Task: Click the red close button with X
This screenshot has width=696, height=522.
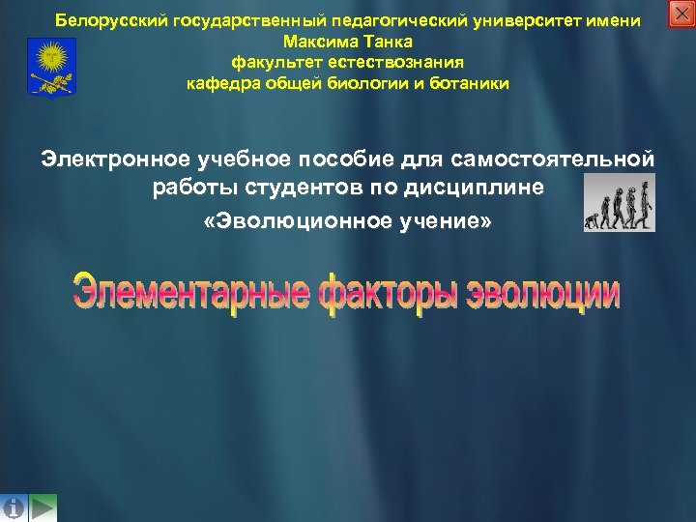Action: coord(681,14)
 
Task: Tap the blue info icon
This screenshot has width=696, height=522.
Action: coord(14,507)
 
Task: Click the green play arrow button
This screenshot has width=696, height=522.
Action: coord(43,507)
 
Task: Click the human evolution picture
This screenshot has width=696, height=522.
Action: coord(620,203)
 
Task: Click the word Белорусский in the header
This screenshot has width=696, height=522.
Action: coord(112,20)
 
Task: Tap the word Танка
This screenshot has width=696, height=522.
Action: coord(386,42)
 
